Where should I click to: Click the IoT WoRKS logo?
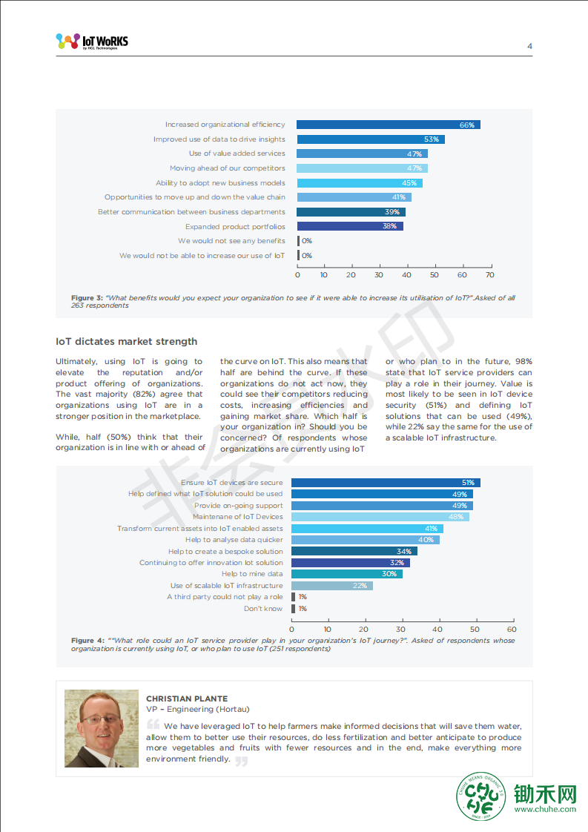point(92,42)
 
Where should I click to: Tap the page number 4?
point(529,46)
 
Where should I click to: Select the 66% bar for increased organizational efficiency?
point(389,125)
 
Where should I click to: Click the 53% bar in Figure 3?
point(371,139)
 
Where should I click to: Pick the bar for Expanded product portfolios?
point(350,226)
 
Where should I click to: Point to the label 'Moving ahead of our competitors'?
point(227,168)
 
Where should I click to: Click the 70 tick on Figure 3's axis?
point(490,275)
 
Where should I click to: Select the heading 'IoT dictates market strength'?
point(126,341)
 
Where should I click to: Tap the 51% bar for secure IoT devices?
point(386,482)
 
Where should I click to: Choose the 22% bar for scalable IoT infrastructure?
point(332,585)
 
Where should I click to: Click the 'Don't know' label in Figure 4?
point(263,609)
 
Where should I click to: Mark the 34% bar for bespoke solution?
point(354,551)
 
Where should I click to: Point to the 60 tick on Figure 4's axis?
point(512,630)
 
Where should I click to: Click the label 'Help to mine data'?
point(252,574)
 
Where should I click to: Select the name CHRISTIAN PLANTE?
point(187,699)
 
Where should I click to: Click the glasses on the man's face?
point(100,719)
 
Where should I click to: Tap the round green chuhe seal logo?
point(481,796)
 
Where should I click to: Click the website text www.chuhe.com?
point(545,809)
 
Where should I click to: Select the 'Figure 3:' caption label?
point(87,297)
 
